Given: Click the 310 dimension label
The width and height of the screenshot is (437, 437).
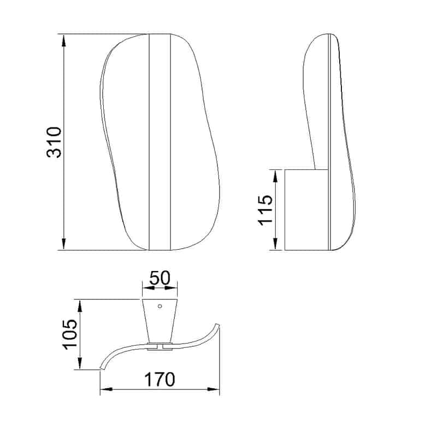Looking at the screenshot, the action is pyautogui.click(x=54, y=143).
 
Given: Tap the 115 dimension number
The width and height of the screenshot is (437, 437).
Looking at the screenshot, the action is pyautogui.click(x=265, y=210).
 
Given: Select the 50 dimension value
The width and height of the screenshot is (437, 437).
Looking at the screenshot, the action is pyautogui.click(x=160, y=277).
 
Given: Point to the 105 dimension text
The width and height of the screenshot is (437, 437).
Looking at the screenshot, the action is pyautogui.click(x=70, y=334).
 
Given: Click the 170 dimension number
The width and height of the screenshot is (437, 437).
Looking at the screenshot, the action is pyautogui.click(x=160, y=379).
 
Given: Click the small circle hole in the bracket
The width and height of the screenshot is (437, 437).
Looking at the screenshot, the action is pyautogui.click(x=160, y=306).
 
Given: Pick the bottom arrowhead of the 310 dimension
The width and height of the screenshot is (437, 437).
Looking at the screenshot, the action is pyautogui.click(x=64, y=244).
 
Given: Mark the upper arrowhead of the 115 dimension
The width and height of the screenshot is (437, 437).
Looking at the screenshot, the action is pyautogui.click(x=275, y=176).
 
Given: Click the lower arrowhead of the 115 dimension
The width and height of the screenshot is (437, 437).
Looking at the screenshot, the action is pyautogui.click(x=275, y=244).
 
